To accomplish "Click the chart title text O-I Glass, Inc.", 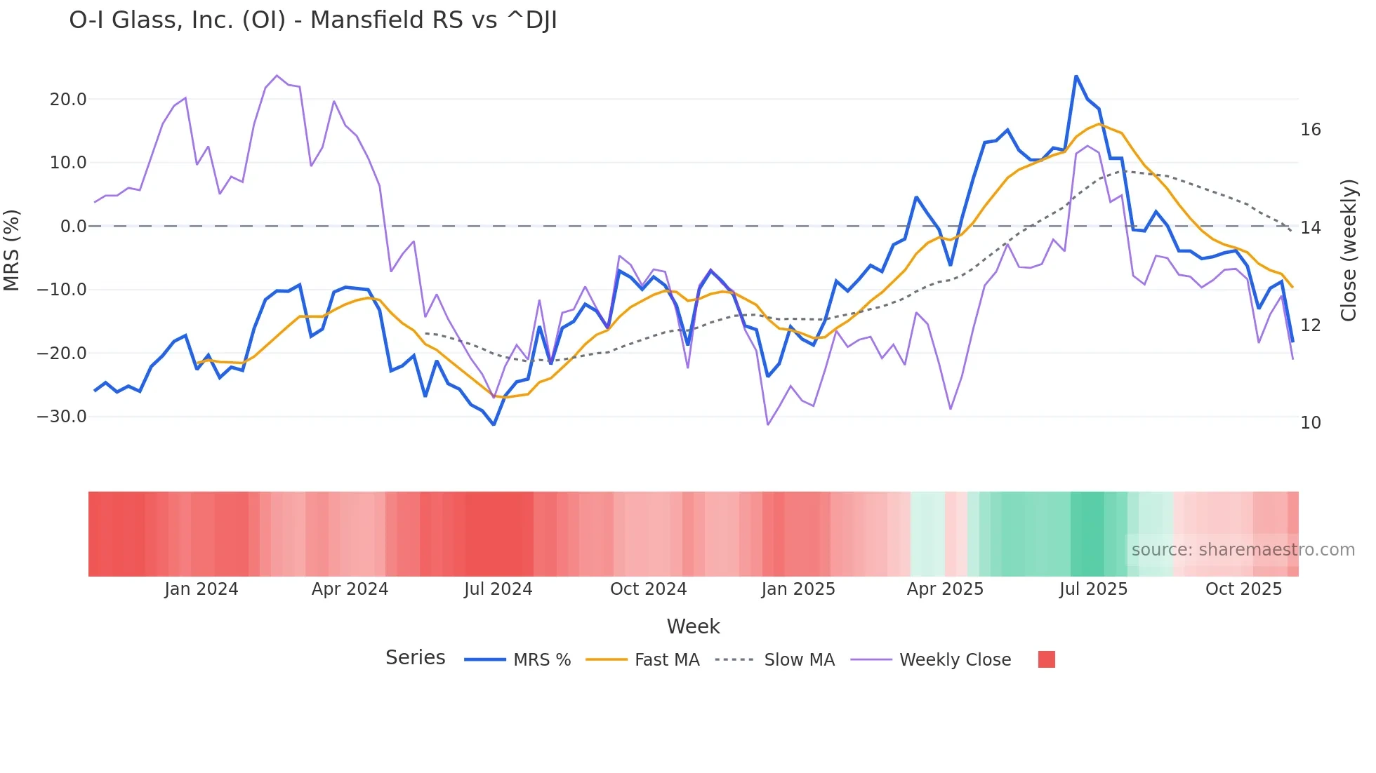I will [x=312, y=20].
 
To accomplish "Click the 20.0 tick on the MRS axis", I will [x=68, y=100].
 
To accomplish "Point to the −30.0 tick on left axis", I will [x=62, y=417].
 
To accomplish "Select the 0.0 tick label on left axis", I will [x=74, y=227].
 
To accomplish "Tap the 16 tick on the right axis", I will [x=1310, y=130].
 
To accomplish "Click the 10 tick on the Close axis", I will [x=1310, y=423].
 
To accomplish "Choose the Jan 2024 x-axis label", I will [x=201, y=589].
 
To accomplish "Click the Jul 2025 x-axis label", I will [x=1093, y=589].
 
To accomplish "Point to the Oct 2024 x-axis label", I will [x=648, y=589].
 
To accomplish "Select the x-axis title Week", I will [x=693, y=626].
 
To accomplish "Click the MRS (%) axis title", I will [x=12, y=250].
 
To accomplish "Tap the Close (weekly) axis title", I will [x=1348, y=250].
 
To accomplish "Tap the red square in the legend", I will [x=1046, y=659].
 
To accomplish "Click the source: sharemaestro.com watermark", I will [x=1243, y=550].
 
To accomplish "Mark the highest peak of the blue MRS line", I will [x=1076, y=76].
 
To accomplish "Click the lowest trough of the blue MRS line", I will [x=494, y=424].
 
